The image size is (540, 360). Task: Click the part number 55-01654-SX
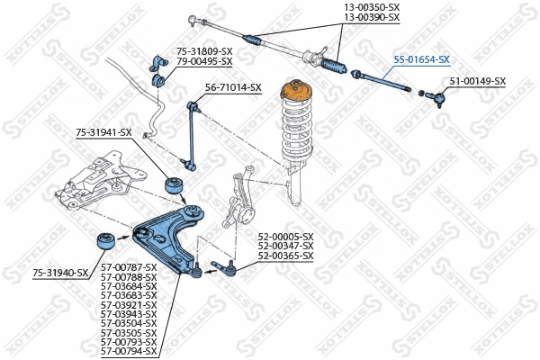pos(421,59)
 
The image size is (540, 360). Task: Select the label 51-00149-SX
pos(477,81)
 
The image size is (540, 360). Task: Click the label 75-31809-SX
pos(204,51)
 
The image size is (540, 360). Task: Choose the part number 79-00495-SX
pos(204,61)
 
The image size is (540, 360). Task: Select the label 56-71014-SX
pos(233,87)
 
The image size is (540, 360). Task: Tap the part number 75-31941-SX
pos(103,132)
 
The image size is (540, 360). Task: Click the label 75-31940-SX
pos(60,272)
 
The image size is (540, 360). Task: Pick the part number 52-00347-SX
pos(285,246)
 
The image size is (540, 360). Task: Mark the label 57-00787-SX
pos(128,267)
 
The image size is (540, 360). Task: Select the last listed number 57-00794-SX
pos(128,350)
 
